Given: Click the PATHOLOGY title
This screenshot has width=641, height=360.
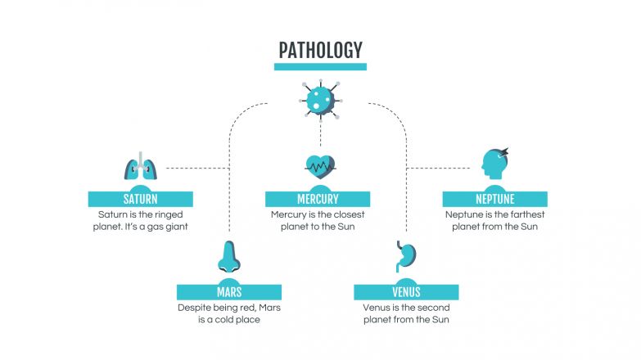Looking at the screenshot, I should click(x=320, y=50).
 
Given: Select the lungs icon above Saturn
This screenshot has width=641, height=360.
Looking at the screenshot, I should click(x=141, y=169).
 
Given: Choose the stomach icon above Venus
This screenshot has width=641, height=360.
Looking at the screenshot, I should click(x=406, y=258).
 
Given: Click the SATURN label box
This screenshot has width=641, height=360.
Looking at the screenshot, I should click(x=141, y=199).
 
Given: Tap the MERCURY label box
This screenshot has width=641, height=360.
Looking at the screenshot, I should click(x=318, y=199).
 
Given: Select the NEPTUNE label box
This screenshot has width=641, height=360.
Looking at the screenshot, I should click(x=494, y=199).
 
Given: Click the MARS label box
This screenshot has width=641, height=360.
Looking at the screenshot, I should click(x=229, y=292).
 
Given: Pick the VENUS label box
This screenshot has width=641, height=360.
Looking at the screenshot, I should click(x=406, y=292).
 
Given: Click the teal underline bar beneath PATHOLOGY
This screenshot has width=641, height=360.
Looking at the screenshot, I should click(x=320, y=67).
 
